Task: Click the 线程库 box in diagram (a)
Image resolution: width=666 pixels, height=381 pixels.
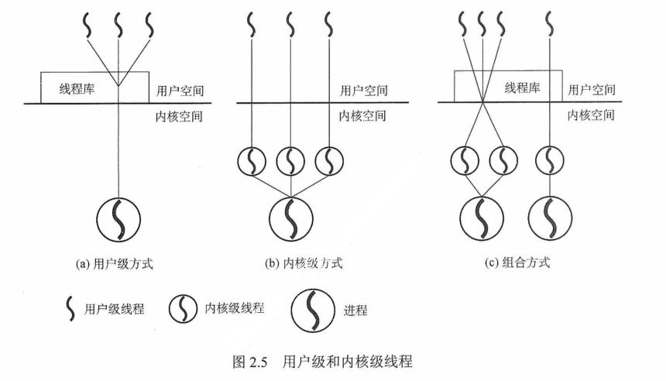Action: pyautogui.click(x=77, y=88)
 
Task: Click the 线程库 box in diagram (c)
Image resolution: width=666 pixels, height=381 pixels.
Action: pyautogui.click(x=520, y=88)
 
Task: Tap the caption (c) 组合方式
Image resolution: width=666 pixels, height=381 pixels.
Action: pyautogui.click(x=516, y=264)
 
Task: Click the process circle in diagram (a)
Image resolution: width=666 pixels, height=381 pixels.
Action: pyautogui.click(x=118, y=219)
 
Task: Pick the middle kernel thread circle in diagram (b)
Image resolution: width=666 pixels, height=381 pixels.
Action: pyautogui.click(x=291, y=163)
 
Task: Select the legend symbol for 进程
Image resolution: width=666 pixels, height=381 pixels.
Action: pyautogui.click(x=311, y=311)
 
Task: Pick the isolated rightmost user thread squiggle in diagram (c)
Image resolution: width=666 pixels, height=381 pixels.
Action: pyautogui.click(x=551, y=26)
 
